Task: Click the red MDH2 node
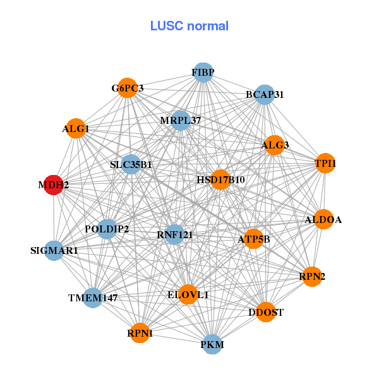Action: [53, 185]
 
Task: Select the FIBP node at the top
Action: [203, 73]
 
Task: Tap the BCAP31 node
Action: [264, 95]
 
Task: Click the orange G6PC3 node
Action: [128, 88]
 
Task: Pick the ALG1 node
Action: [76, 129]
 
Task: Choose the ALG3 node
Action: [275, 145]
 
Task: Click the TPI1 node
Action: [325, 164]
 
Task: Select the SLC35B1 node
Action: [131, 165]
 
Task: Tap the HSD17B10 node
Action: [220, 180]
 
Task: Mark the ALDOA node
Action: [323, 220]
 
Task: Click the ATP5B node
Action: [253, 239]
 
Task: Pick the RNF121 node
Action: [174, 235]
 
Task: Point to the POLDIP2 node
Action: [107, 229]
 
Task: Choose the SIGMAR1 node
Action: [54, 251]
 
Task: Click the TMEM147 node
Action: [93, 297]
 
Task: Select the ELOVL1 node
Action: [188, 294]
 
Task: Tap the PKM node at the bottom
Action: [212, 344]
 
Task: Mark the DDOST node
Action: [266, 312]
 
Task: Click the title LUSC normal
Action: [189, 27]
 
